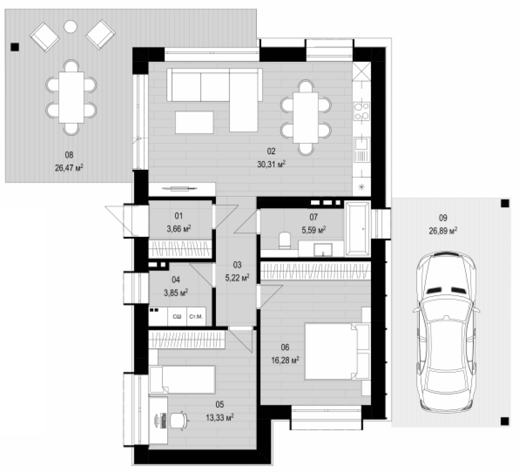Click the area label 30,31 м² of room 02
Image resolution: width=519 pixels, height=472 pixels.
(271, 164)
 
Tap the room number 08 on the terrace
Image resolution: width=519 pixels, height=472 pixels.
(69, 155)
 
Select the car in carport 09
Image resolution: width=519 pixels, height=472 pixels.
(446, 332)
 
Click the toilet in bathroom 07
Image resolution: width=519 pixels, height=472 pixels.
(284, 240)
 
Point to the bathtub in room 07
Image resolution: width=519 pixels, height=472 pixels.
(357, 228)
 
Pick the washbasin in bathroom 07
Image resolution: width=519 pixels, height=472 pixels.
(323, 250)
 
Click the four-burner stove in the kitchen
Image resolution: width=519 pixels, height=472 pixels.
(361, 111)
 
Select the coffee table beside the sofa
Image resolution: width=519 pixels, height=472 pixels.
(194, 122)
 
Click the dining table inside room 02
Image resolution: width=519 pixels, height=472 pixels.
(306, 117)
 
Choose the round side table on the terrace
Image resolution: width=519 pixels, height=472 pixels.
(70, 26)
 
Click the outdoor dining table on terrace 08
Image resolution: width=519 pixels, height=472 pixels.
(71, 98)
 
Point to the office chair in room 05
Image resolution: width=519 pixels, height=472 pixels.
(180, 421)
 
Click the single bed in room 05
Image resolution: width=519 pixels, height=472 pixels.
(182, 379)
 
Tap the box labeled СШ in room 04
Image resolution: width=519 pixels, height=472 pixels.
(177, 316)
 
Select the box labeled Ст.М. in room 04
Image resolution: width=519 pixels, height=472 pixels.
(196, 316)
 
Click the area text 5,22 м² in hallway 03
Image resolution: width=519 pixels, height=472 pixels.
(237, 278)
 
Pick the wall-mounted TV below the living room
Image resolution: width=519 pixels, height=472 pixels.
(180, 189)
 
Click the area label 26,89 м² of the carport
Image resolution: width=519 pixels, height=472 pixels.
(443, 231)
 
